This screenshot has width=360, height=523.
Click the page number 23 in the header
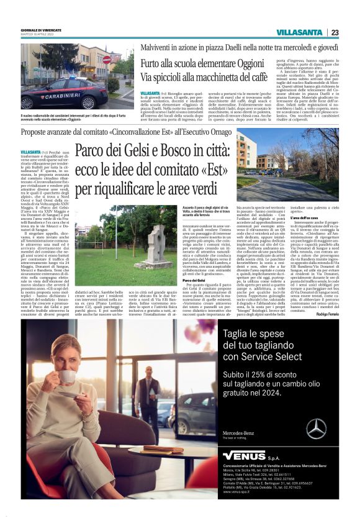(334, 32)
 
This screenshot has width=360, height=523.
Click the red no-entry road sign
(106, 60)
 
